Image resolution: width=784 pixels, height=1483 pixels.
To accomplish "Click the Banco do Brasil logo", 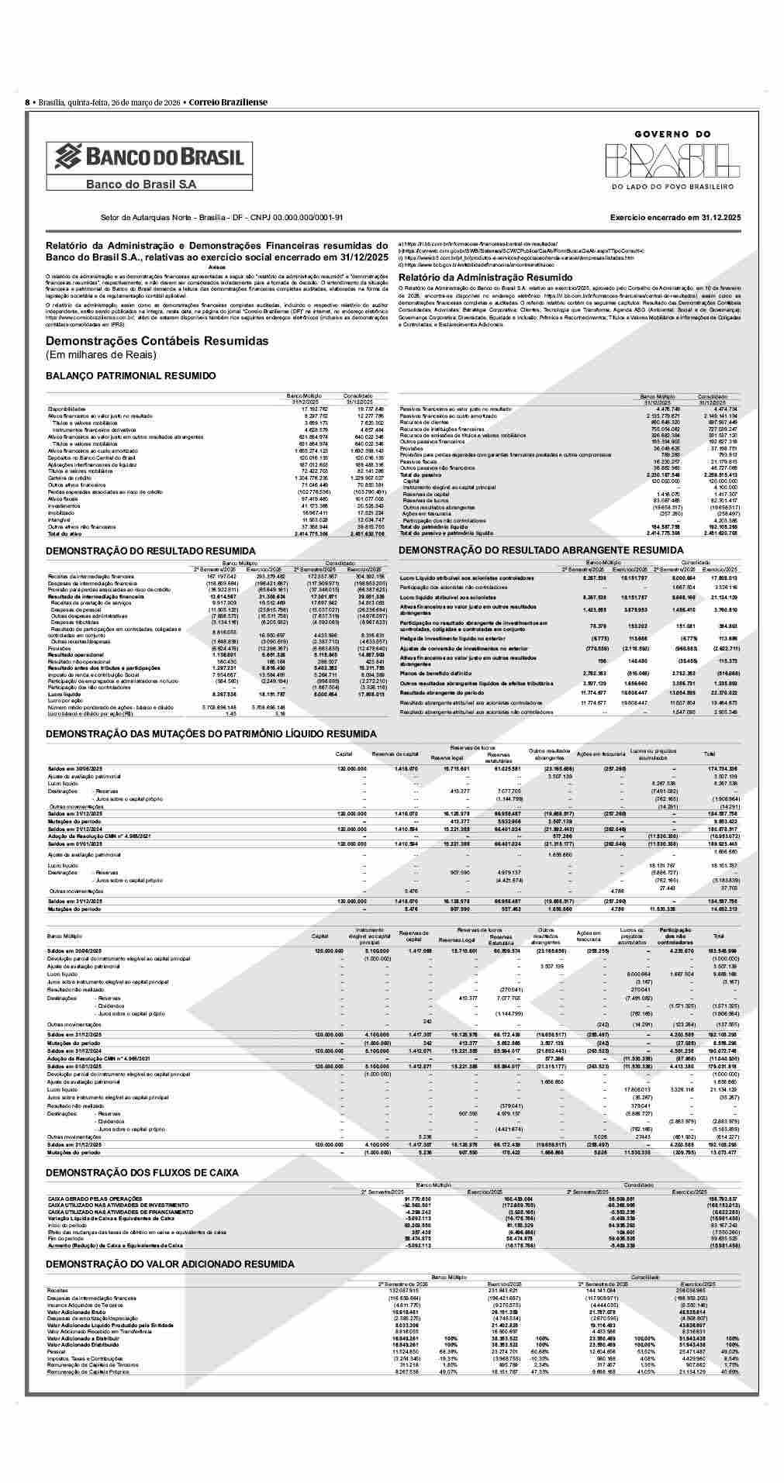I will click(x=149, y=158).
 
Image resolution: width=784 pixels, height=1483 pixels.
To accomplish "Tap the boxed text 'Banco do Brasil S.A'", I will click(x=141, y=184).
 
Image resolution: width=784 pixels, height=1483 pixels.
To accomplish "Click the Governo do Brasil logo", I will click(x=672, y=157).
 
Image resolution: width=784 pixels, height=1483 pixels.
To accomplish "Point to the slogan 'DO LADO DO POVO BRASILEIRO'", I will click(x=672, y=187).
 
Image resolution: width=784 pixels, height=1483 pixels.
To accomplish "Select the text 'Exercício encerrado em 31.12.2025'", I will click(x=675, y=218).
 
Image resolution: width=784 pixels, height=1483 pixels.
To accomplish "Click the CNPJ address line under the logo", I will click(x=222, y=218).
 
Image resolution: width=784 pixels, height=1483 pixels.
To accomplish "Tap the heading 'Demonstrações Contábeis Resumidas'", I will click(x=157, y=341).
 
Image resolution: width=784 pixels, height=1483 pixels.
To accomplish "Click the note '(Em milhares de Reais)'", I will click(x=101, y=355).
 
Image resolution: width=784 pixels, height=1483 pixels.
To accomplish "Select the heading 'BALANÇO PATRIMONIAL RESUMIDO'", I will click(x=131, y=376).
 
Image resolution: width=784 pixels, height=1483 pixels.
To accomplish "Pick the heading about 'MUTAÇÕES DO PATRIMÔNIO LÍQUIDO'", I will click(x=211, y=733).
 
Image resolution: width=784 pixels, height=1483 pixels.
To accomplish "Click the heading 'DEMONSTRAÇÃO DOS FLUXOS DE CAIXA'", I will click(x=142, y=1173).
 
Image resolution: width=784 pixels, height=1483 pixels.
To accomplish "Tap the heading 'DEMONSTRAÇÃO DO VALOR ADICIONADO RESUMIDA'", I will click(x=170, y=1264).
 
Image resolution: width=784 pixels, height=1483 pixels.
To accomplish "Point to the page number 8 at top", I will click(x=27, y=102).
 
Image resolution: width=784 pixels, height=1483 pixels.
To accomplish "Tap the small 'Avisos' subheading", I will click(x=217, y=267).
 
